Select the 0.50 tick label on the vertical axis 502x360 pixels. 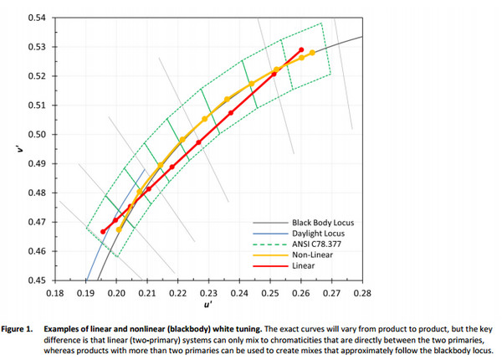click(x=37, y=134)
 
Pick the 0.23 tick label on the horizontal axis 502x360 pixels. click(x=208, y=294)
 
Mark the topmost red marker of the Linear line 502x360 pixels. click(x=301, y=50)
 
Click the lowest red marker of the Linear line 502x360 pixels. click(x=103, y=231)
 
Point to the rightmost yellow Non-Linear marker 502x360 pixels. click(x=312, y=53)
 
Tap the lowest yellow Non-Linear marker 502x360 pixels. click(x=119, y=229)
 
